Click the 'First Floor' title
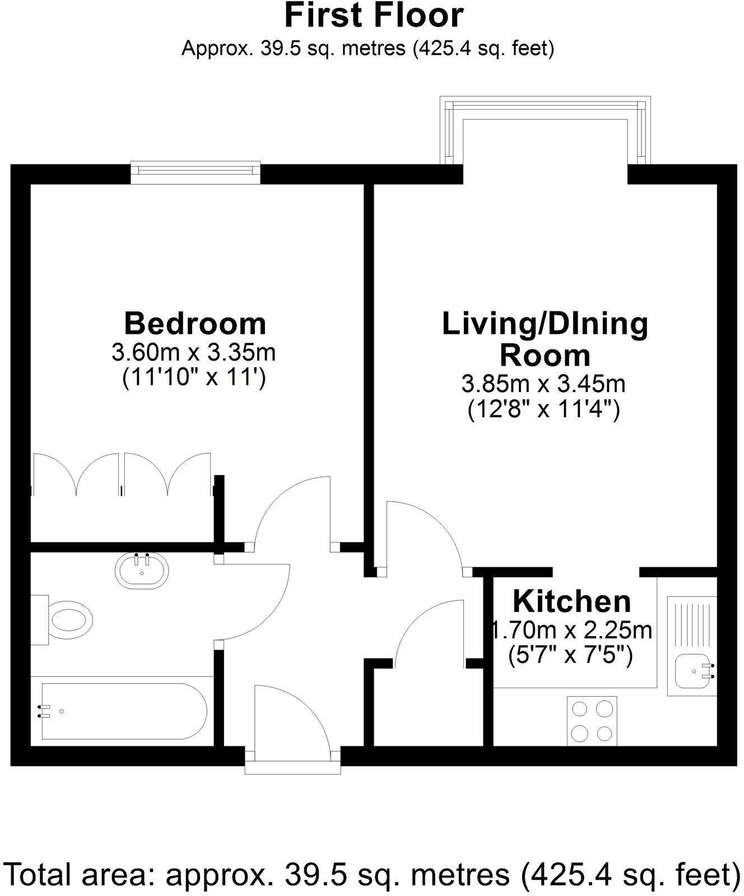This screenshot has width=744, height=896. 374,16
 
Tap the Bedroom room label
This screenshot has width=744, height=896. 195,324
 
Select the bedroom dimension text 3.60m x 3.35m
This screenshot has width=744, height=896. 194,353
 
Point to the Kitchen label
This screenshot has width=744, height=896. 571,601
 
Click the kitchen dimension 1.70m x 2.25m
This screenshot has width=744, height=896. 571,631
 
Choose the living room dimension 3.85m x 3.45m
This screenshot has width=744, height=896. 543,384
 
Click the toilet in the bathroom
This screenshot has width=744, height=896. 67,620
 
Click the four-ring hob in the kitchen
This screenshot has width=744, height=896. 592,721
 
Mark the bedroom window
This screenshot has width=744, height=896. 196,172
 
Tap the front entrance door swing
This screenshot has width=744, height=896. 291,717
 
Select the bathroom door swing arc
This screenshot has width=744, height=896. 255,599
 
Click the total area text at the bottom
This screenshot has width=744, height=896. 372,874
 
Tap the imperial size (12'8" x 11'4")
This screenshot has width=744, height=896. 543,411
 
